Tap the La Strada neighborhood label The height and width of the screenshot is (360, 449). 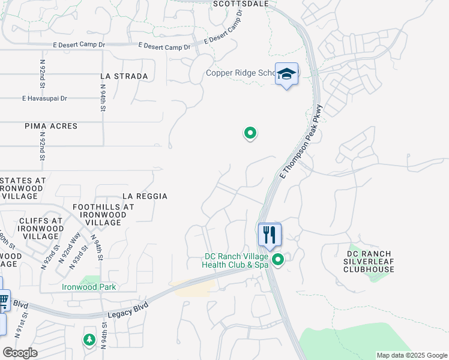click(124, 76)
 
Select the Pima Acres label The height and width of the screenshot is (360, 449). click(52, 126)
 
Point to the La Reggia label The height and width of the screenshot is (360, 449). click(145, 196)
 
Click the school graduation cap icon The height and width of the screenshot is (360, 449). click(287, 74)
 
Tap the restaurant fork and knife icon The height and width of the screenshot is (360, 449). click(270, 234)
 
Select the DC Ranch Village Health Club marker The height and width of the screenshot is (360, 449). click(278, 259)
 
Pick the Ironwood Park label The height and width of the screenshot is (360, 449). click(89, 287)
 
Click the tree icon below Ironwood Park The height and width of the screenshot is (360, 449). click(89, 340)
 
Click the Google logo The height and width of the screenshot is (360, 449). click(20, 353)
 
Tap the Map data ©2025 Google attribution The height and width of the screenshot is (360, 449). click(411, 355)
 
